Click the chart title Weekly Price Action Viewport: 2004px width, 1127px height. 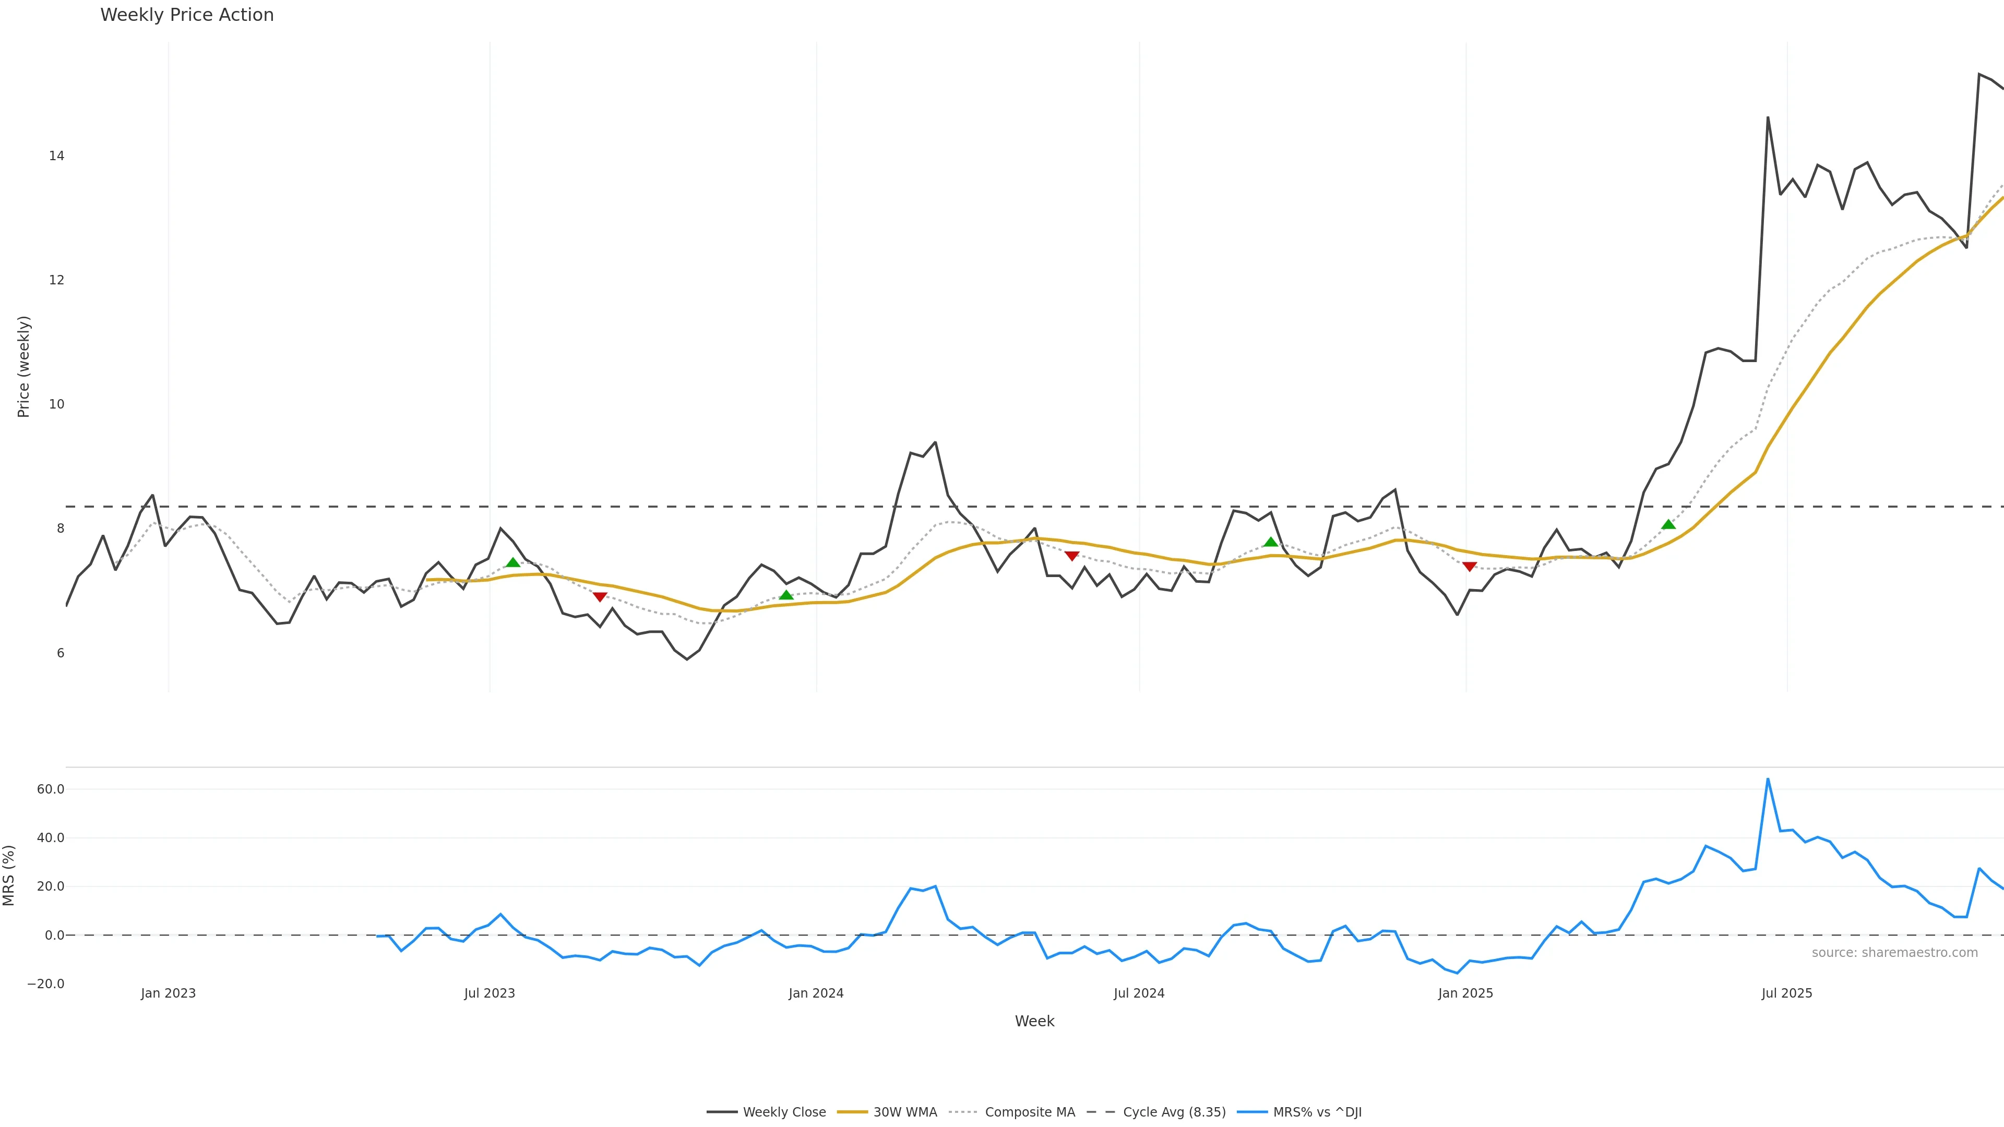187,15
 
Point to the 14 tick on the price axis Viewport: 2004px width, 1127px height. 56,155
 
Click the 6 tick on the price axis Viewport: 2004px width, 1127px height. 60,653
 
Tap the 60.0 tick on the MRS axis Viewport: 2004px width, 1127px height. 51,789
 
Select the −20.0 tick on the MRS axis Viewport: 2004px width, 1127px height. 46,984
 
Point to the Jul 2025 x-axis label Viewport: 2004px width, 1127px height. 1786,993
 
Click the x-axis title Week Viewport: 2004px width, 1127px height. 1034,1021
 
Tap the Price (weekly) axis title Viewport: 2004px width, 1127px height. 23,366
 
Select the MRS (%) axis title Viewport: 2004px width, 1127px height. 9,875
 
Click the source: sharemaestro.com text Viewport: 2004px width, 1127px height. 1894,953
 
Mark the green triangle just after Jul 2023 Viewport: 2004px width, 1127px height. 512,562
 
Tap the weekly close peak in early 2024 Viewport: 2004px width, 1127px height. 935,442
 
